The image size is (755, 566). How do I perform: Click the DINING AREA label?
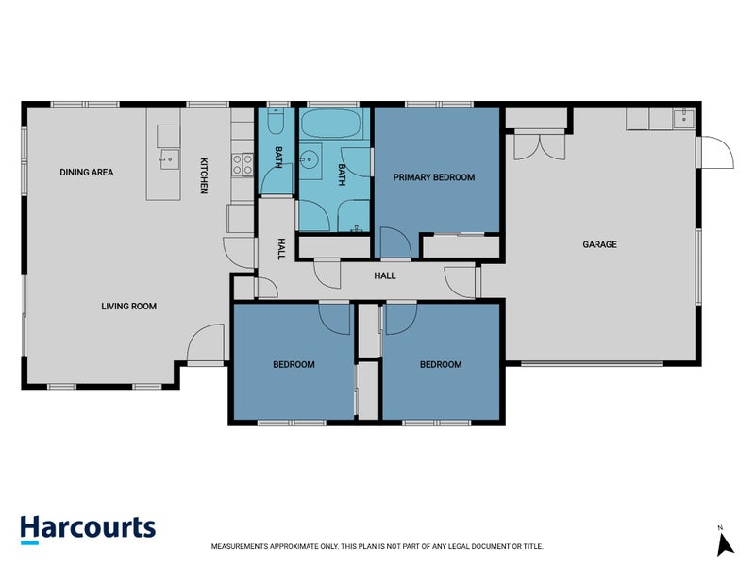click(87, 173)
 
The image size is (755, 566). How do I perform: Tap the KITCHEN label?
click(204, 175)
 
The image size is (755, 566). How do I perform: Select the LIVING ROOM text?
click(128, 306)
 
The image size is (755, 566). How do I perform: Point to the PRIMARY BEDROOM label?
click(434, 177)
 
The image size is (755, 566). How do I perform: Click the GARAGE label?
click(599, 244)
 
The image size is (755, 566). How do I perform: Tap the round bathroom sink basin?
click(310, 158)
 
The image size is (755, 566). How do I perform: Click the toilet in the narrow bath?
click(276, 121)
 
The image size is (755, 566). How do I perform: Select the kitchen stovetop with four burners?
click(243, 164)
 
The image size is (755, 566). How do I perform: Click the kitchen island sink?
click(169, 159)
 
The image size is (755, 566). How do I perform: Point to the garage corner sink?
click(683, 118)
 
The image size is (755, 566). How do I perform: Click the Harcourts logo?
click(88, 529)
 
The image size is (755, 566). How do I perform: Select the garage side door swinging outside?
click(714, 153)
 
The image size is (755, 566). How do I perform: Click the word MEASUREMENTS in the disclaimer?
click(240, 546)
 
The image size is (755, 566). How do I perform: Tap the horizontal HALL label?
click(385, 275)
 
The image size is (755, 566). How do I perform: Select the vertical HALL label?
click(281, 249)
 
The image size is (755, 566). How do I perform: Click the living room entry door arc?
click(206, 343)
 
